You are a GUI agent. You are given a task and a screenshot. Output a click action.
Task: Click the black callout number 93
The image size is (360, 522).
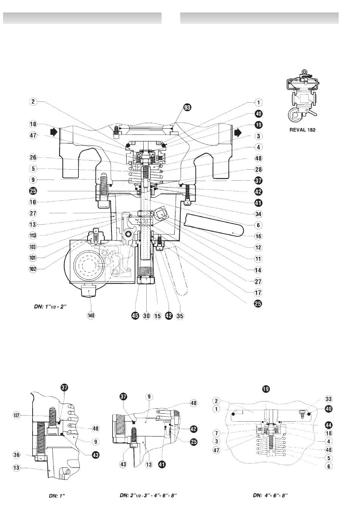point(187,108)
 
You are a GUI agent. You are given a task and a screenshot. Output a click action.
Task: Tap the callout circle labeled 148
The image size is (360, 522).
point(91,316)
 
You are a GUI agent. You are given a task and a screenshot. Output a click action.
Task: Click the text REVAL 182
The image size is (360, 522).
point(302,130)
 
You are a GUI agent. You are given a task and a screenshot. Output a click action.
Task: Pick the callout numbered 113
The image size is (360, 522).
point(33,236)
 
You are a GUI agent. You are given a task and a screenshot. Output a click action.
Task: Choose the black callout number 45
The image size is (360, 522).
point(135,316)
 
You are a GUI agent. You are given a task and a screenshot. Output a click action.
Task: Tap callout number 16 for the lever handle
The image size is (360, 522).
point(258,236)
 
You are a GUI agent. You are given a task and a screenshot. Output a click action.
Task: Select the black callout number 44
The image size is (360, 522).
point(329,425)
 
